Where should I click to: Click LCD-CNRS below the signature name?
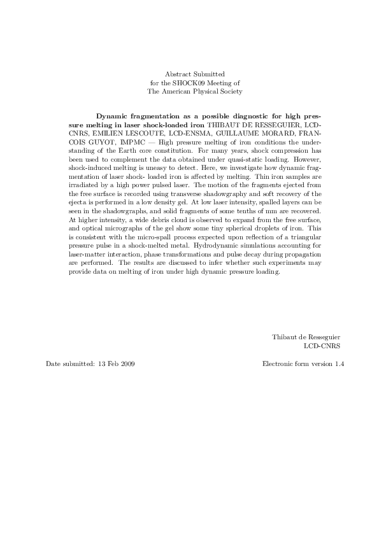322,346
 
